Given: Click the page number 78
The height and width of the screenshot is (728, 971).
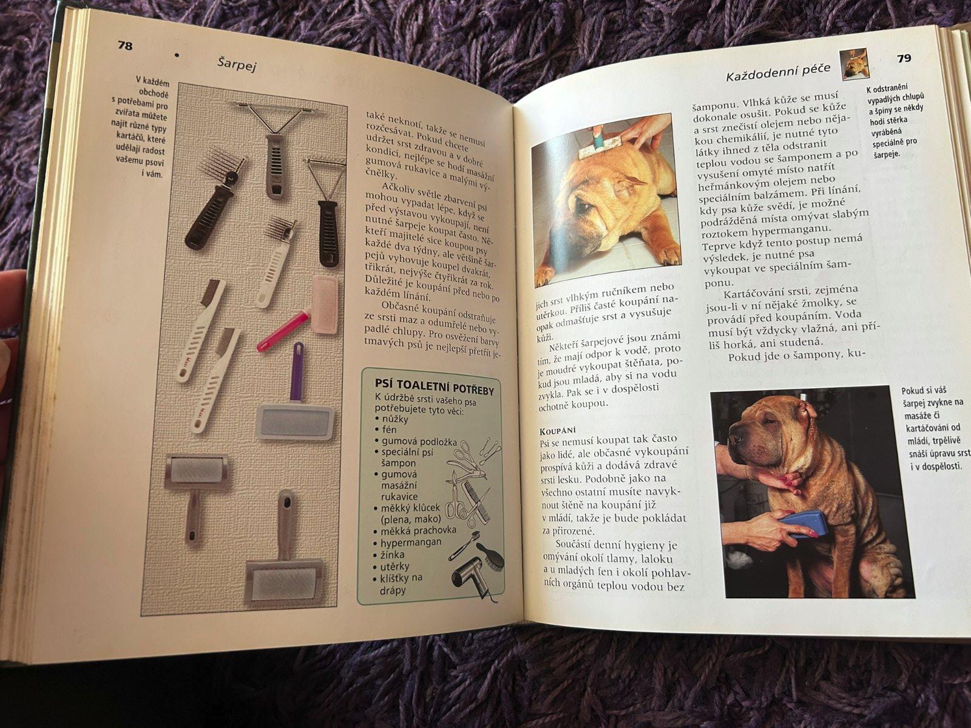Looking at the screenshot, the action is click(125, 45).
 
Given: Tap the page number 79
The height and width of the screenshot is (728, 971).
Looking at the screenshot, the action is click(904, 58).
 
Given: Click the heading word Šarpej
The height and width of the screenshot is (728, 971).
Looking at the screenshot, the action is click(237, 64).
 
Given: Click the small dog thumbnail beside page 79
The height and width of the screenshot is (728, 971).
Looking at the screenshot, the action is click(854, 64).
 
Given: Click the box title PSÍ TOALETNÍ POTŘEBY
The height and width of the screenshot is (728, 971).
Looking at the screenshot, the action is click(434, 387).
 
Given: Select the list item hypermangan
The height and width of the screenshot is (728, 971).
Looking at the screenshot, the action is click(410, 542).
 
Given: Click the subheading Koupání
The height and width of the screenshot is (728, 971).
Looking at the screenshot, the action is click(557, 430).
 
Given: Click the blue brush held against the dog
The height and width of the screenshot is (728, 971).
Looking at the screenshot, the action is click(803, 524).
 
